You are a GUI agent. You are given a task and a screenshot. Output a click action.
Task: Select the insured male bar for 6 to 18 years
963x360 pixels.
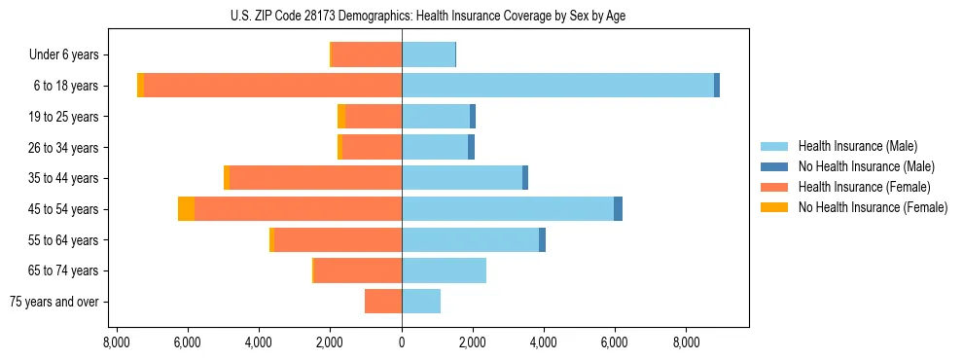[557, 86]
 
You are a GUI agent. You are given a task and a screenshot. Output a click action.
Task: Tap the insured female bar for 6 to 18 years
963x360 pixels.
[272, 86]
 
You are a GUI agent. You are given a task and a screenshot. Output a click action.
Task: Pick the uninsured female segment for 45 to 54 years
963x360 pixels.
[186, 209]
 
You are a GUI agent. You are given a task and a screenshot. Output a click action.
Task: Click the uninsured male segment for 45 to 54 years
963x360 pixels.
[618, 209]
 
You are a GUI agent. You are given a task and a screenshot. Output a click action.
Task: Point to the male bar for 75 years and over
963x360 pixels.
[421, 302]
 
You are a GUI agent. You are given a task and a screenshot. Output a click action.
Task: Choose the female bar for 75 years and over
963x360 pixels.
[383, 302]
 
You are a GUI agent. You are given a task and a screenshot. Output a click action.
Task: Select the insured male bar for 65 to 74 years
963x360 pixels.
[444, 270]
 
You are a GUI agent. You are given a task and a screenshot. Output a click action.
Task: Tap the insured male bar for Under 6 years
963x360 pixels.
[428, 54]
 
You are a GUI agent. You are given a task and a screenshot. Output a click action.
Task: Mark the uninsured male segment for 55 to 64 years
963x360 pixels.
[542, 240]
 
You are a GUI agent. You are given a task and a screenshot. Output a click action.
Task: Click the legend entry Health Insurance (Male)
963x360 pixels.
[857, 146]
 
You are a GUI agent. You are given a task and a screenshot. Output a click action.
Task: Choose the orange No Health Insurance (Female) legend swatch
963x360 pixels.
[774, 207]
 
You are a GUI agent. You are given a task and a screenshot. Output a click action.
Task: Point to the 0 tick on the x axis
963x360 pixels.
[402, 342]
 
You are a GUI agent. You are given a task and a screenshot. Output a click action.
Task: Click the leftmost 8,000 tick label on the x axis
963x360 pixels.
[116, 342]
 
